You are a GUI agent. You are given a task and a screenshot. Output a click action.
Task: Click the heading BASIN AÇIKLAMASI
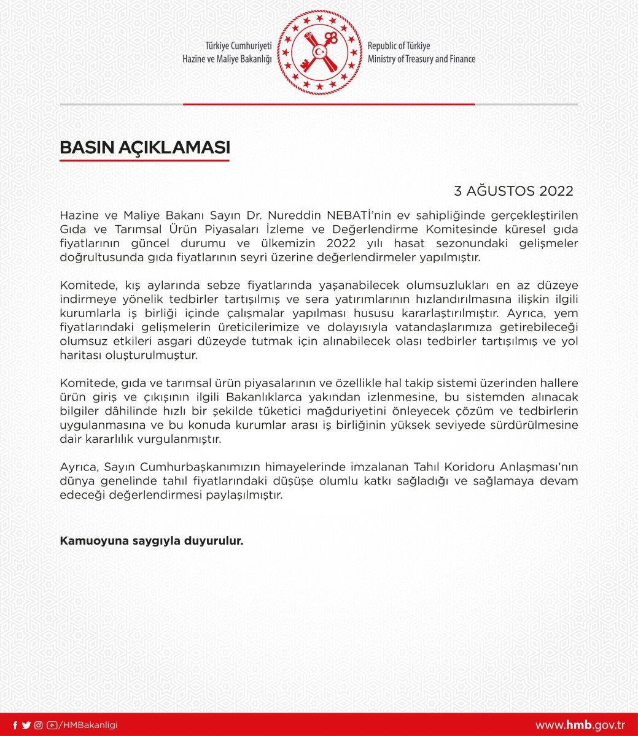(x=144, y=148)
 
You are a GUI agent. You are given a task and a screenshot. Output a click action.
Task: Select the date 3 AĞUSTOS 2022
(x=513, y=190)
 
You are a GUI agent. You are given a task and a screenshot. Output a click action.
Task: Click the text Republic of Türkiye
(x=399, y=47)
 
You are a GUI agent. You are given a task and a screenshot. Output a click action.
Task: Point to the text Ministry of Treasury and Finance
(x=421, y=59)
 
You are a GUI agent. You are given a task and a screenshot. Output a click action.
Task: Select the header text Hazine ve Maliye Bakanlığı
(x=227, y=59)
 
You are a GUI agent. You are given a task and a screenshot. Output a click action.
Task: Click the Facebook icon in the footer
(x=15, y=725)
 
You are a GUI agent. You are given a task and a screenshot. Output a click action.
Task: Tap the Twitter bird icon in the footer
(x=26, y=725)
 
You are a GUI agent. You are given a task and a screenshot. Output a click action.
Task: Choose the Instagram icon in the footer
(x=38, y=725)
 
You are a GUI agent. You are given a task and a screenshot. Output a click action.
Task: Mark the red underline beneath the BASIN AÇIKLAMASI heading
(x=144, y=161)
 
